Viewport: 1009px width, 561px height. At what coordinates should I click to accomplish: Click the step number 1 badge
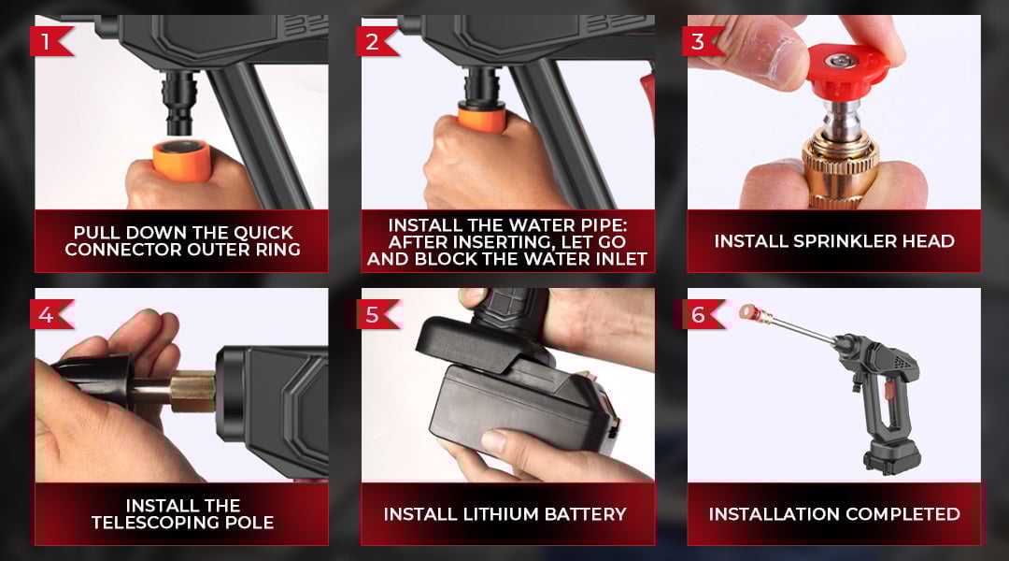point(50,41)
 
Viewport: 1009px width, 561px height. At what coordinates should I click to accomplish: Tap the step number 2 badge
point(376,41)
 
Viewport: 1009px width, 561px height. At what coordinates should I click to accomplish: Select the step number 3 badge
point(702,41)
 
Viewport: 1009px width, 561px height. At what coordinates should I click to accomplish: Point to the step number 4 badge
point(50,314)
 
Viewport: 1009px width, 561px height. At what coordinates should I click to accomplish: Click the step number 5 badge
point(376,314)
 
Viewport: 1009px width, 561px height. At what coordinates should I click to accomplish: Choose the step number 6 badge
point(702,314)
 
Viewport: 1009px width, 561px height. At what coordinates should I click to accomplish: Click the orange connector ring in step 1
point(181,160)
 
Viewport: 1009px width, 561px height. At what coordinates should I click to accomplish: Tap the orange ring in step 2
point(481,119)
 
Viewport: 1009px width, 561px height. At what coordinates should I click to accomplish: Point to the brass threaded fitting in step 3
point(840,168)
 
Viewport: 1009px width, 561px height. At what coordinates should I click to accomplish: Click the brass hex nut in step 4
point(192,391)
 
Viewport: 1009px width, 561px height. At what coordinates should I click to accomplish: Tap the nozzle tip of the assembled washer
point(748,313)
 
